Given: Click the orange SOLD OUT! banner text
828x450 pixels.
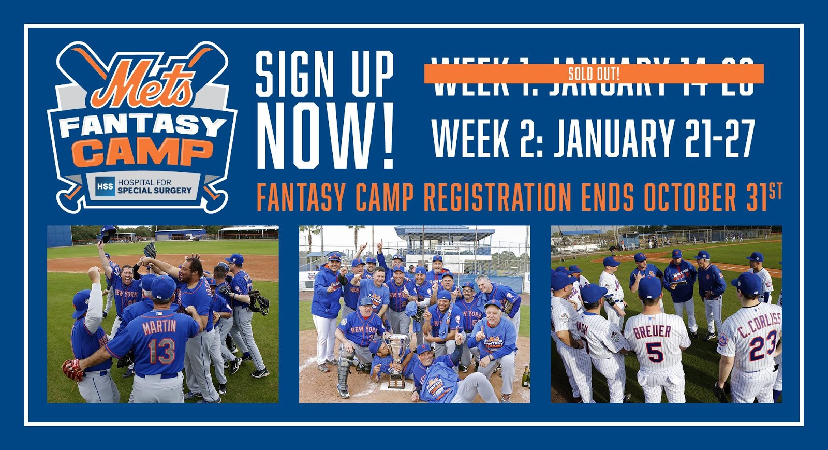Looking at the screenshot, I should tap(594, 74).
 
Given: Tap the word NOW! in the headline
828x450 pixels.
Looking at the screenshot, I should tap(325, 136).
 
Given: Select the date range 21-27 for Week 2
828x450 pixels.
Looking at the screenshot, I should tap(720, 138).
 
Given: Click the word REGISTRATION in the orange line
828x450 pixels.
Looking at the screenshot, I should tap(497, 198).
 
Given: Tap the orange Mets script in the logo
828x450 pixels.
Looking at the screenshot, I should tap(142, 83).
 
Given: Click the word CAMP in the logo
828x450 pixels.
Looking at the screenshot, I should tap(142, 152).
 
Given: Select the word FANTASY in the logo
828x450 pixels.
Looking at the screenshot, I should tap(142, 126).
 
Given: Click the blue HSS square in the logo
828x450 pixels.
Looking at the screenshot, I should tap(105, 186).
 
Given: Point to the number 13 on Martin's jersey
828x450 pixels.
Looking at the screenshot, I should tap(161, 351).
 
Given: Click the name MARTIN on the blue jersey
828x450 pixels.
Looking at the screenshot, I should tap(159, 327).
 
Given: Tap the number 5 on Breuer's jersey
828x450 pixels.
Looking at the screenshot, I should tap(655, 352).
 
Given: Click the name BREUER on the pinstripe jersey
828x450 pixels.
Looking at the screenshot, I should tap(652, 331).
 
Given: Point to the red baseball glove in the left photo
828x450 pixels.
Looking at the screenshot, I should tap(72, 369).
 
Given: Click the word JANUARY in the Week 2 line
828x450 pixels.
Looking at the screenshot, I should tap(613, 138).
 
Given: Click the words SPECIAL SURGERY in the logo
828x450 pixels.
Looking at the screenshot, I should tap(154, 191).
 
